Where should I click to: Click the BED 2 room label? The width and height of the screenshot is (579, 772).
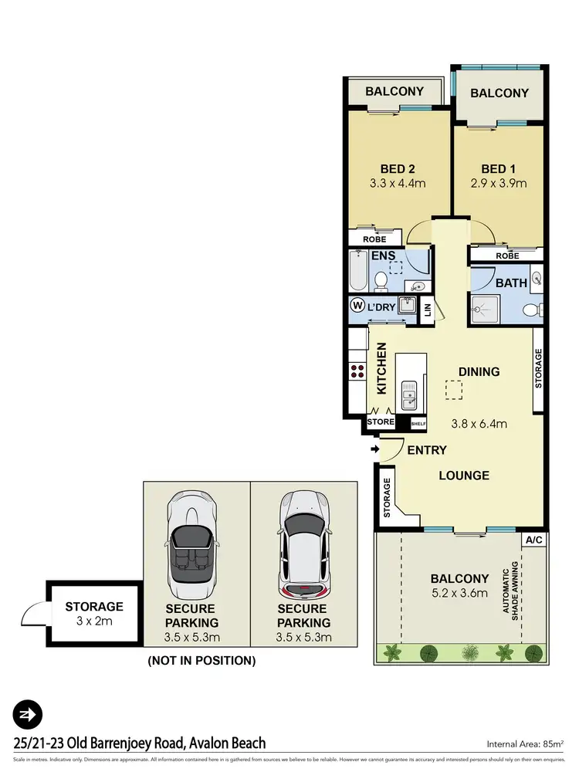[x=398, y=169]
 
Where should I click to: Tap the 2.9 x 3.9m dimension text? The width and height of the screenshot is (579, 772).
[x=499, y=184]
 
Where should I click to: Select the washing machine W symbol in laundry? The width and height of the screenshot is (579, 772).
[x=357, y=305]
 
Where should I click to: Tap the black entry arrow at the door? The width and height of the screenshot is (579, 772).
[x=375, y=449]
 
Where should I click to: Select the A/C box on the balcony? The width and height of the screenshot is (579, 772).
[x=533, y=540]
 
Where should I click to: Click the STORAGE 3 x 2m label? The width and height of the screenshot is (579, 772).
[x=93, y=614]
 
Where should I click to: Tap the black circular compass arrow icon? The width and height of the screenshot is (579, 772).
[x=28, y=715]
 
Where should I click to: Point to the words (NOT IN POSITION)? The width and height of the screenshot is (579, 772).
[x=201, y=660]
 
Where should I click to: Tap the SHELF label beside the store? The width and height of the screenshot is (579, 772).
[x=418, y=423]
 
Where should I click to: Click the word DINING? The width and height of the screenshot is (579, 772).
[x=479, y=371]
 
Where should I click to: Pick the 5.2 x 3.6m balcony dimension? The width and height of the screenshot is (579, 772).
[x=459, y=593]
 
